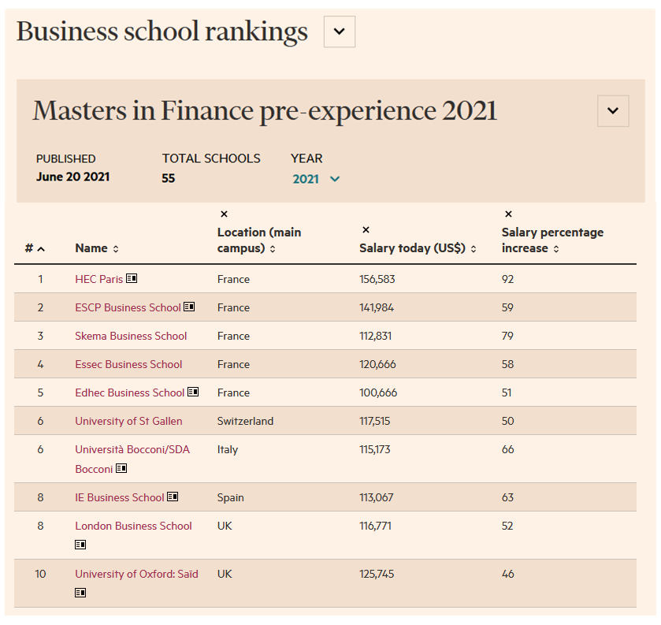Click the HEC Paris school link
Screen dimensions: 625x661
[98, 279]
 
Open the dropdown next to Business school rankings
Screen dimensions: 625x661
[340, 32]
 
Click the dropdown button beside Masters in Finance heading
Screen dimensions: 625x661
[613, 111]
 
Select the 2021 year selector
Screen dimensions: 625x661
[316, 179]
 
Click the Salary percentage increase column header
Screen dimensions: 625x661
[552, 240]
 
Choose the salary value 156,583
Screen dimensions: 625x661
[377, 279]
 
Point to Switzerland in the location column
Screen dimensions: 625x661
[245, 421]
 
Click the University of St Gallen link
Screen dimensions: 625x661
[128, 421]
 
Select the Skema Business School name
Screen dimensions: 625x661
[131, 336]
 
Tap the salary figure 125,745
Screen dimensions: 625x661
[377, 574]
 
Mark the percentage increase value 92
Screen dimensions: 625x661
[507, 279]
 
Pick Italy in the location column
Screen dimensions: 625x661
[227, 449]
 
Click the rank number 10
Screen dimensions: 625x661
[40, 574]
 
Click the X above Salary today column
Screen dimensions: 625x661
[366, 230]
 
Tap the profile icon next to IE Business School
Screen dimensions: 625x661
[173, 497]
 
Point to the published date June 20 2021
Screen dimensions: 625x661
[72, 177]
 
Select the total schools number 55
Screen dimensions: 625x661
[168, 178]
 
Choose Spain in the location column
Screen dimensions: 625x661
[230, 497]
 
